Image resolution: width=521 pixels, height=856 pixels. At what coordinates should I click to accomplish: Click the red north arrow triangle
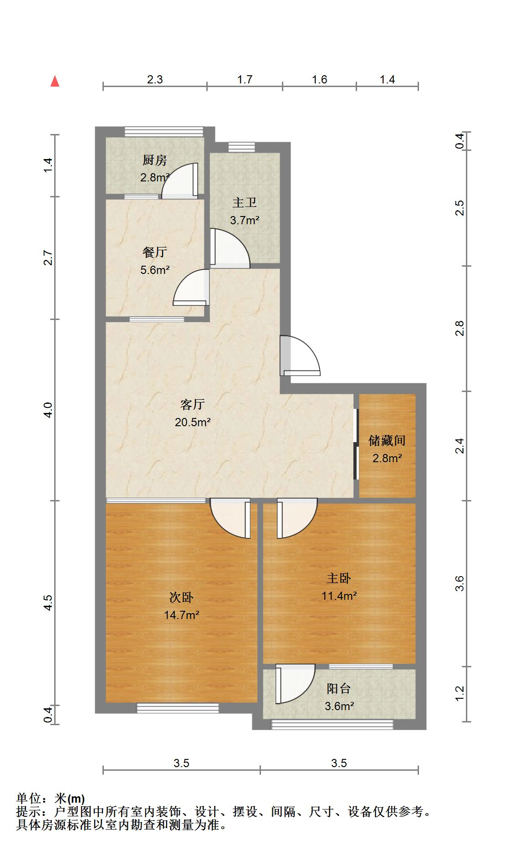tap(55, 81)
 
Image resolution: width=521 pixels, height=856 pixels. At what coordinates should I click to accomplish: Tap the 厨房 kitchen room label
tap(155, 160)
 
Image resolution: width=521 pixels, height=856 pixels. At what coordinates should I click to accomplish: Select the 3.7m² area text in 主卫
tap(245, 221)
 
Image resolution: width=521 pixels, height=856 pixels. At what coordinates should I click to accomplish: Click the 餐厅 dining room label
tap(155, 252)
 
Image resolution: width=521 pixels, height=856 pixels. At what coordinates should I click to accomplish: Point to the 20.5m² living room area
tap(193, 423)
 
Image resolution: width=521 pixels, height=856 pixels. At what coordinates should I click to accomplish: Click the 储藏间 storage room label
tap(387, 440)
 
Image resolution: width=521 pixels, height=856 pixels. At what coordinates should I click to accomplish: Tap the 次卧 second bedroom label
tap(181, 597)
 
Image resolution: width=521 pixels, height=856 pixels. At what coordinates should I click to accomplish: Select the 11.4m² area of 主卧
tap(339, 596)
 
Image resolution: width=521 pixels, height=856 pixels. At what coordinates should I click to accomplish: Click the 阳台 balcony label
tap(339, 688)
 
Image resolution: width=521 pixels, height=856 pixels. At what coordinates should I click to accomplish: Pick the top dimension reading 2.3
tap(155, 80)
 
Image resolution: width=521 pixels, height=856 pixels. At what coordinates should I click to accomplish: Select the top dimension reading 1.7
tap(245, 80)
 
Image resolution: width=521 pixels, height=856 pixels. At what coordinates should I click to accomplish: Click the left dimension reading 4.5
tap(48, 603)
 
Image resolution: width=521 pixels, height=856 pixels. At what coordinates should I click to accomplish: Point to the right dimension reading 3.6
tap(460, 583)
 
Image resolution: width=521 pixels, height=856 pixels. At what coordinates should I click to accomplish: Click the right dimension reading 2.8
tap(460, 328)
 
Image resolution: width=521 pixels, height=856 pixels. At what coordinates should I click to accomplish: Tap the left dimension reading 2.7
tap(48, 258)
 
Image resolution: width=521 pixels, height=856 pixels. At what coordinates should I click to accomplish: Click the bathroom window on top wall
tap(241, 147)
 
